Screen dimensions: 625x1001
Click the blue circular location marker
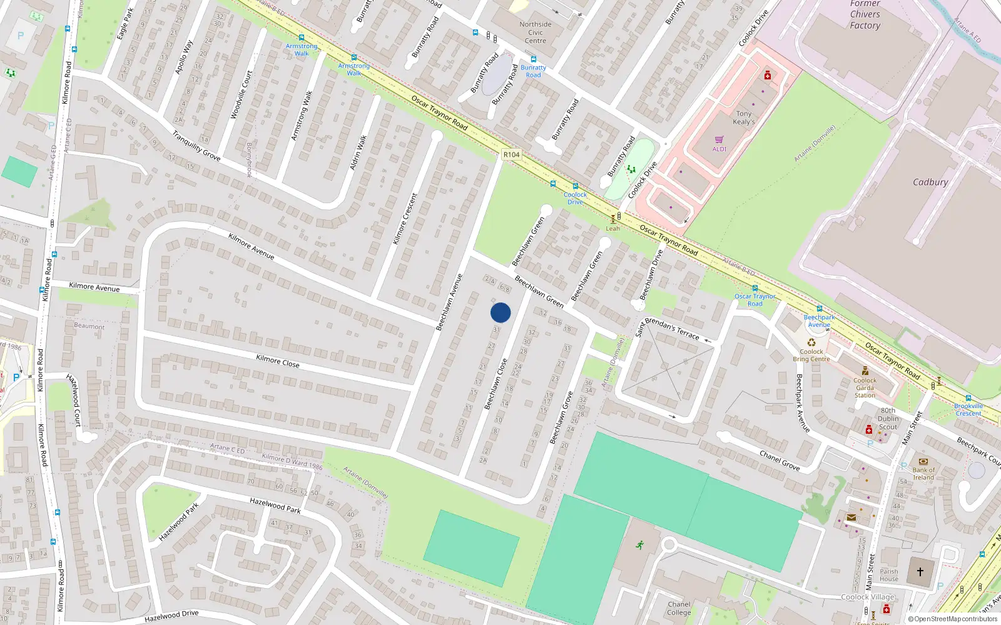pyautogui.click(x=500, y=312)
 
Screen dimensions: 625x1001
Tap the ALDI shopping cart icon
pyautogui.click(x=719, y=140)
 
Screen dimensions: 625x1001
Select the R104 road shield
pyautogui.click(x=511, y=154)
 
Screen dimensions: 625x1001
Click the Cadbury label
pyautogui.click(x=930, y=182)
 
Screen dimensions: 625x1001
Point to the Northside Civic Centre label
pyautogui.click(x=536, y=32)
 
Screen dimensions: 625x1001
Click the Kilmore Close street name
pyautogui.click(x=278, y=361)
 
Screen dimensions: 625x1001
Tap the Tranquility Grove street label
pyautogui.click(x=196, y=146)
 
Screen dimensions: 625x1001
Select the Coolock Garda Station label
pyautogui.click(x=865, y=387)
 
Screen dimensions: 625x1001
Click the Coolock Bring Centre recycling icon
pyautogui.click(x=811, y=342)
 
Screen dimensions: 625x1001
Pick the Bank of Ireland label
pyautogui.click(x=923, y=474)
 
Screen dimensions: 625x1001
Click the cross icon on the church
pyautogui.click(x=920, y=571)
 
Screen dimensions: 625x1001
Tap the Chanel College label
pyautogui.click(x=679, y=608)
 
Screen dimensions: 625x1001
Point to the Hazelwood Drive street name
pyautogui.click(x=171, y=617)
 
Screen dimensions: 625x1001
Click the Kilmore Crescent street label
pyautogui.click(x=404, y=219)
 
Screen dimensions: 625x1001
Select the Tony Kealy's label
pyautogui.click(x=744, y=117)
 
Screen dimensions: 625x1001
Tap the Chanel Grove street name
pyautogui.click(x=780, y=461)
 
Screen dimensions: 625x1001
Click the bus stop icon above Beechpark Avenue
pyautogui.click(x=819, y=309)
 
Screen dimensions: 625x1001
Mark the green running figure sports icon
pyautogui.click(x=640, y=545)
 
